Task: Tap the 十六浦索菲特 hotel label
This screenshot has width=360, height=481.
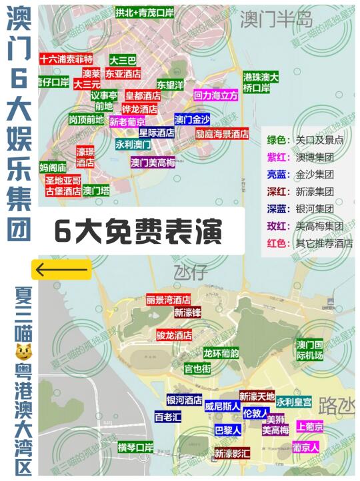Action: point(66,59)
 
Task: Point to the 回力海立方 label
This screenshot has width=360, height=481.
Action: point(216,96)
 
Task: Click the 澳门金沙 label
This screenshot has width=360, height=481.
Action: point(193,120)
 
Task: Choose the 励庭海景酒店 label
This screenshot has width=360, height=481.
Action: point(222,133)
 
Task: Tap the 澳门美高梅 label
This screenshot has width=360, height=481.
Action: point(153,162)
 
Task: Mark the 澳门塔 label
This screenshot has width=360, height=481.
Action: point(96,191)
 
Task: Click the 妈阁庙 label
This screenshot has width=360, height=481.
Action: point(53,167)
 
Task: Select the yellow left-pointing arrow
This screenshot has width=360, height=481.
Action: point(61,270)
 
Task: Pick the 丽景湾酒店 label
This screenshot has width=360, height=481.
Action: point(169,300)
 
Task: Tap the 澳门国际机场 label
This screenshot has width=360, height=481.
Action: point(309,350)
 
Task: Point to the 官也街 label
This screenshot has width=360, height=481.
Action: point(197,368)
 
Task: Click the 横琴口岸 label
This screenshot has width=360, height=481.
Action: point(135,446)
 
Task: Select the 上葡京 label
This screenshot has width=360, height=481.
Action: point(310,426)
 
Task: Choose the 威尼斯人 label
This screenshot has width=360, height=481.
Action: point(223,406)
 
